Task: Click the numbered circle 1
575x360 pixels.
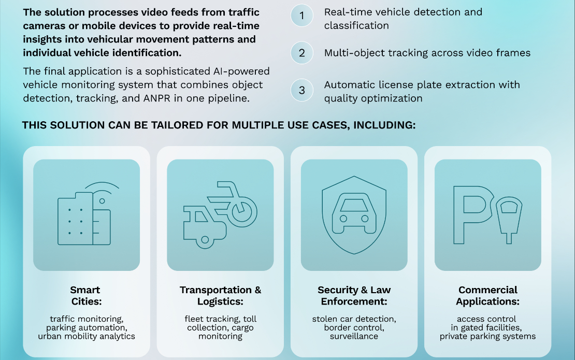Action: [301, 16]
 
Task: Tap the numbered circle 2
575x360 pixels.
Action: [301, 53]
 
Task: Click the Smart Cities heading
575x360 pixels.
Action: [85, 295]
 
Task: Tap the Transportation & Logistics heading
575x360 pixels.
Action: [220, 295]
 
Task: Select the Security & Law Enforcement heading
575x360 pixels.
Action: [354, 295]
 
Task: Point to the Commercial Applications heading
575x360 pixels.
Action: [487, 295]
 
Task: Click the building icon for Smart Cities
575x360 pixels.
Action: [83, 220]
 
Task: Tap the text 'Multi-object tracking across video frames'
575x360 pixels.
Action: [427, 53]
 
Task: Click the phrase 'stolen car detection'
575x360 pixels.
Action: [354, 319]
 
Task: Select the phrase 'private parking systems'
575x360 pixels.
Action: [487, 336]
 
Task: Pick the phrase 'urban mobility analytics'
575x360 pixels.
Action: [86, 336]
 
